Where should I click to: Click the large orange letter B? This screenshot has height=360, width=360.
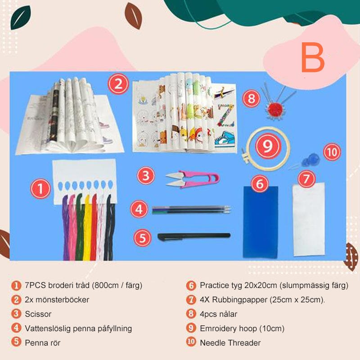click(x=313, y=58)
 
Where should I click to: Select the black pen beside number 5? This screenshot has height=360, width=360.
click(x=193, y=235)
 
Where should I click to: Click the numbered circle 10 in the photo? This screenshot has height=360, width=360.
click(x=332, y=152)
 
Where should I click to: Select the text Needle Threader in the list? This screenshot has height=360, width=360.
click(x=230, y=343)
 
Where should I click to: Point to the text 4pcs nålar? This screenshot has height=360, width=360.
click(x=218, y=314)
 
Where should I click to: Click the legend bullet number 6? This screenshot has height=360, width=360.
click(x=191, y=285)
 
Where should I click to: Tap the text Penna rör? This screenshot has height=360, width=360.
click(x=43, y=343)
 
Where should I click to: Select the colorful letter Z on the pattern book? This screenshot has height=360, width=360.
click(x=225, y=110)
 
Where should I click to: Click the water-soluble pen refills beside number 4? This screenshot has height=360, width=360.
click(x=191, y=209)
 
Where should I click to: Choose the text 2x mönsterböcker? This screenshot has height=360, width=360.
click(x=57, y=300)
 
